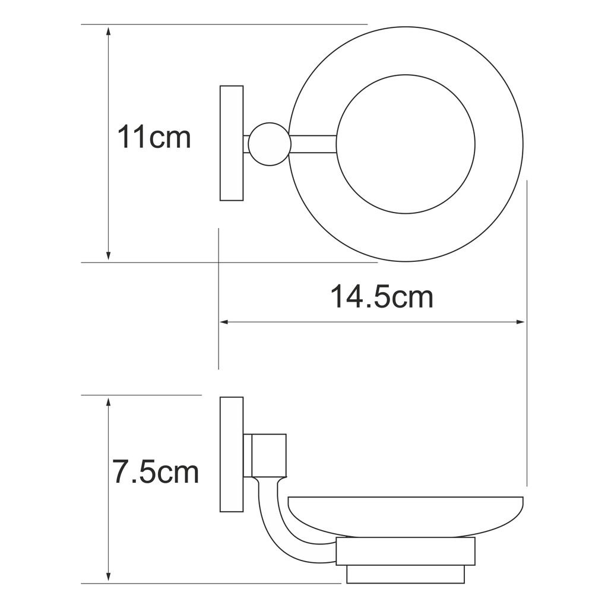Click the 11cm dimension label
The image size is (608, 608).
(x=154, y=137)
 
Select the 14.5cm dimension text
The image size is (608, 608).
(x=382, y=297)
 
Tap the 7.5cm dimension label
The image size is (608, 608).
(x=156, y=471)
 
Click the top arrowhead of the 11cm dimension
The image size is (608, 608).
(x=109, y=31)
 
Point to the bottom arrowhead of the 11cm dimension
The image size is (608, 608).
(x=109, y=255)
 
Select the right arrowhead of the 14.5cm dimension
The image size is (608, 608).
(x=520, y=322)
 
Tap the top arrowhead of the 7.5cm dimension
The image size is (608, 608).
(x=109, y=403)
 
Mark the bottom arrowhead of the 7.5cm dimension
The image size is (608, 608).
(x=109, y=576)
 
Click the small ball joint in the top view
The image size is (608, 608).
(x=270, y=144)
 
